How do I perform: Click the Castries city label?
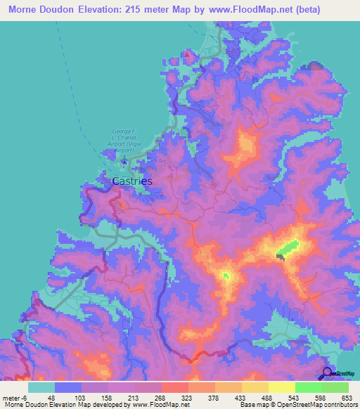tap(131, 181)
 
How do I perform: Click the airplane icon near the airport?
tap(124, 161)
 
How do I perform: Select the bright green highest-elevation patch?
tap(288, 247)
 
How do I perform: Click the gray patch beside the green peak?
tap(281, 257)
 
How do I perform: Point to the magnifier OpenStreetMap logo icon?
tap(328, 373)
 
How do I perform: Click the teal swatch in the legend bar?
tap(41, 387)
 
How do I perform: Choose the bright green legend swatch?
tap(309, 387)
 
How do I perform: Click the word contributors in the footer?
tap(336, 405)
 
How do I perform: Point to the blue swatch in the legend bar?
tap(68, 387)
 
